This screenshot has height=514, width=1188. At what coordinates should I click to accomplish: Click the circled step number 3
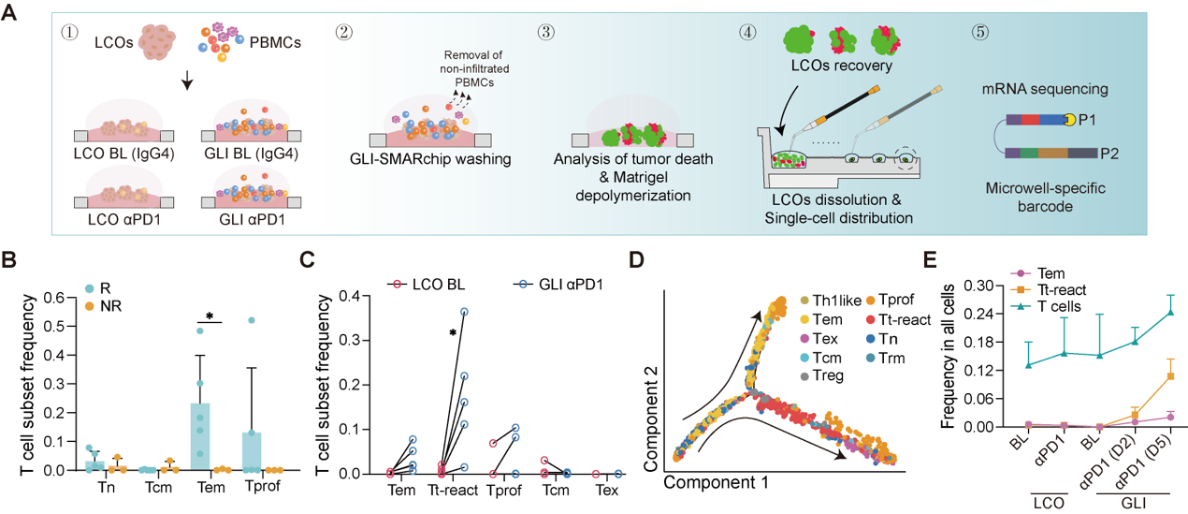pos(547,32)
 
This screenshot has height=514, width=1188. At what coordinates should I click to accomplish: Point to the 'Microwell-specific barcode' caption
pos(1045,198)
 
